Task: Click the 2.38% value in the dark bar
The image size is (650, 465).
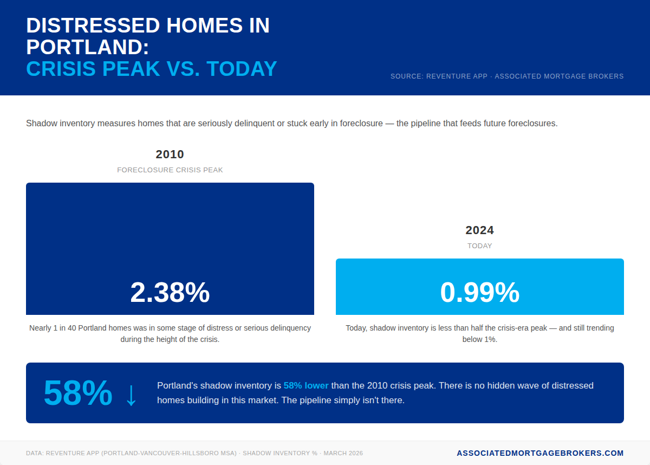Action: pos(170,293)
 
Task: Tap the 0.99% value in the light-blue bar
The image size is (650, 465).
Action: pos(479,293)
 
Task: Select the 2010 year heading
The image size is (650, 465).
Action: pos(170,154)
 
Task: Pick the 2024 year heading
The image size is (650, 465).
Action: pos(479,230)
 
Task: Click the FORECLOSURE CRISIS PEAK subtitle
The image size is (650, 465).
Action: pos(170,170)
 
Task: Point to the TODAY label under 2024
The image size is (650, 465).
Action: pos(479,246)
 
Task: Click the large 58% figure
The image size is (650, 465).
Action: pos(77,393)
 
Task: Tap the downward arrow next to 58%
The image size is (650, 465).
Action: pos(131,395)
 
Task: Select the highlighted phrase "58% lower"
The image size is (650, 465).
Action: pos(305,386)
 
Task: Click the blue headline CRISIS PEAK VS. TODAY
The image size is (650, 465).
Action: pos(152,69)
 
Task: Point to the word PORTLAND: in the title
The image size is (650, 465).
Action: pos(87,47)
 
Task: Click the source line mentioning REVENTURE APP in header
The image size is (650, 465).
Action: pos(506,76)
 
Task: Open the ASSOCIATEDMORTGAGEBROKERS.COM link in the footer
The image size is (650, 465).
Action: pos(540,453)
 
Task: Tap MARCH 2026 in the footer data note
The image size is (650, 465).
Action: pos(343,454)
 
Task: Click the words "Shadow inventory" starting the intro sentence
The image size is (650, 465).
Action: pos(60,124)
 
